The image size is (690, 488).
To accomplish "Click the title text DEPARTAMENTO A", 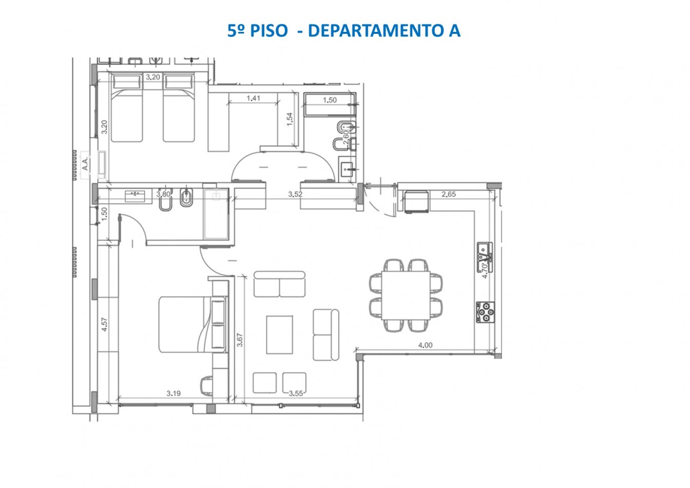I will coord(384,30).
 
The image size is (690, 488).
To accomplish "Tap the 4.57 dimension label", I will coord(104,325).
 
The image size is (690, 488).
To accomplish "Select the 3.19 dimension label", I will coord(174,393).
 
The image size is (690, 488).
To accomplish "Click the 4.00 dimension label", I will coord(425,345).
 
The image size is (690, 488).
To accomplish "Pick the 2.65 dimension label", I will coord(449,194).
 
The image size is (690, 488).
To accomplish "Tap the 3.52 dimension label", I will coord(295,194).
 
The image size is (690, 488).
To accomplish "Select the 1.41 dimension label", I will coord(254,98).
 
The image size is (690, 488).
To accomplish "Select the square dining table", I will coord(406,295).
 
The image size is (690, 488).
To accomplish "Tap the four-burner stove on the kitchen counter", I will coord(485,312).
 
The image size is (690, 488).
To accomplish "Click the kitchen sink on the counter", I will coord(484,252).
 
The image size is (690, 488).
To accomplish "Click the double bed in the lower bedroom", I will coord(186,324).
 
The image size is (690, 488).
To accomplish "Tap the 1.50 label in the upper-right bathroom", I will coord(330,100).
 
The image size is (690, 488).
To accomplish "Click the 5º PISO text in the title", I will coord(258,30).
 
